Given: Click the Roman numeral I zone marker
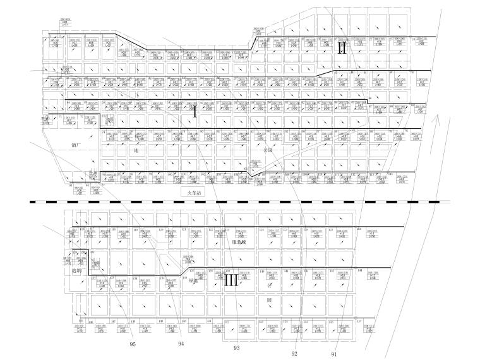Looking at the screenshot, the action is click(x=195, y=113).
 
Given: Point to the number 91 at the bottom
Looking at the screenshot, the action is click(x=333, y=354).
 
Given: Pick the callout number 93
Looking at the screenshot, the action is click(x=236, y=348).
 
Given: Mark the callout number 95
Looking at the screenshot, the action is click(x=133, y=344).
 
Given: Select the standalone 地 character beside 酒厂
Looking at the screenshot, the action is click(x=135, y=150).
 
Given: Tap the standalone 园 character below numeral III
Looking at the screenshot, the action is click(x=269, y=301).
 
